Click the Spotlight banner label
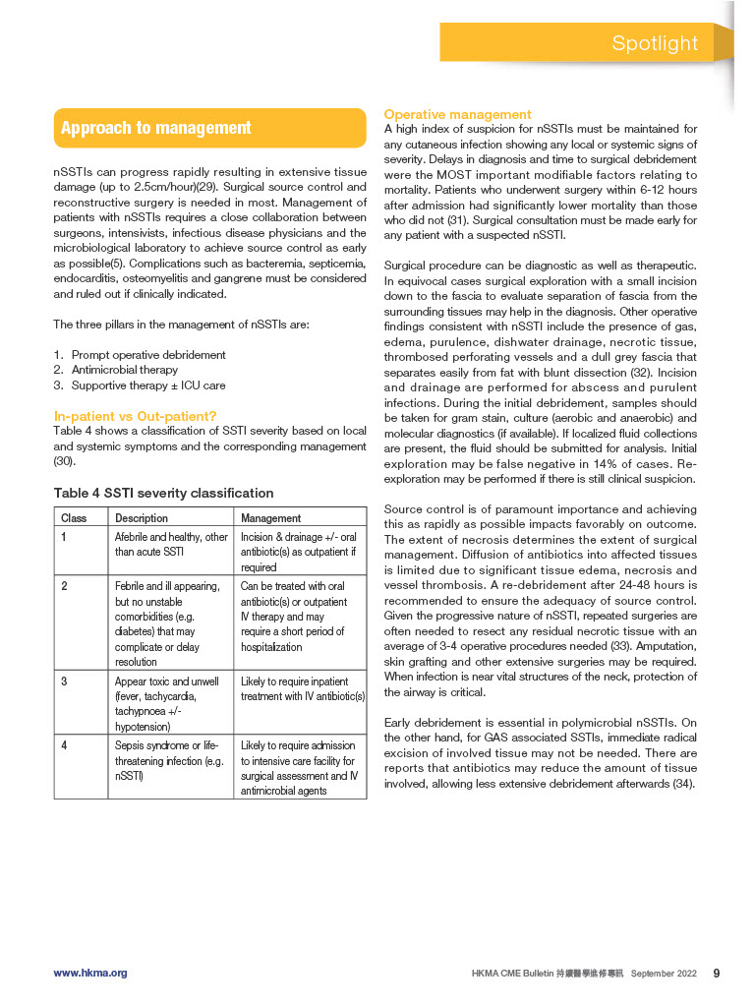pos(655,43)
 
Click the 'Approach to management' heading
pos(155,128)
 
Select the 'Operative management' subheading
pos(457,115)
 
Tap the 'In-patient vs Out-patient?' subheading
pos(135,416)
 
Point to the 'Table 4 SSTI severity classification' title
pos(163,493)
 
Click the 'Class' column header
pos(74,517)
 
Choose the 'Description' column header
pos(142,517)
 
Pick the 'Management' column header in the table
pos(271,517)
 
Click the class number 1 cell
pos(64,537)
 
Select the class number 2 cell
pos(64,585)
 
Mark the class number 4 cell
pos(64,745)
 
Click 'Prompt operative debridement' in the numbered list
pos(148,355)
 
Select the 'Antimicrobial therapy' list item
pos(125,370)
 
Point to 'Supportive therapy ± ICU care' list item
pos(148,385)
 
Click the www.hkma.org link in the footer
pos(90,973)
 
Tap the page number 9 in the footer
pos(717,973)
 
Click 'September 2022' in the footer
pos(665,974)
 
